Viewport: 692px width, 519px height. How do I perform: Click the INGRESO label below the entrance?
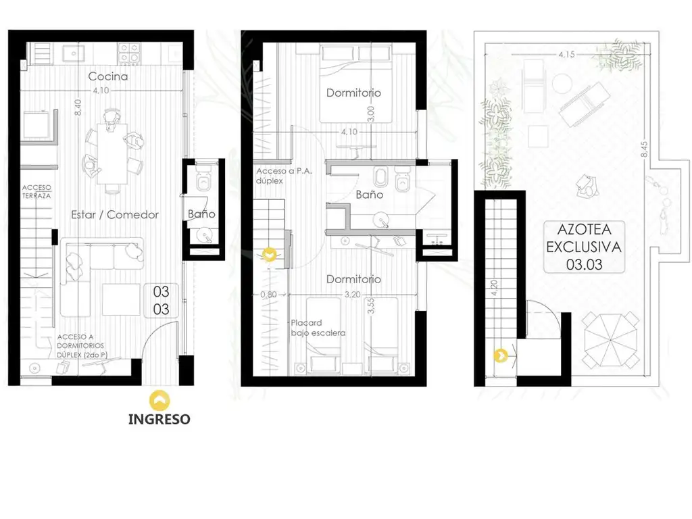tap(159, 419)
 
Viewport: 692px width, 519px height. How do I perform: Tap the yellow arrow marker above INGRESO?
tap(159, 400)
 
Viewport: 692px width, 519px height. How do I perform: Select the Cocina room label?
tap(108, 76)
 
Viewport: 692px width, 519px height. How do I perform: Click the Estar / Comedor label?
tap(115, 214)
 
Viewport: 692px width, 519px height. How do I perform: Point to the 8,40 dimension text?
tap(78, 107)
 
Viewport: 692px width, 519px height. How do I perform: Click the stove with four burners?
tap(129, 53)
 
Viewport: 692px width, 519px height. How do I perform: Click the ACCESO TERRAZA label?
tap(36, 191)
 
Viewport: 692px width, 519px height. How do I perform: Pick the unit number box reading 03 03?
tap(161, 300)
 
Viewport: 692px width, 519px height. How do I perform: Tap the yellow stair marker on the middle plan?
tap(269, 255)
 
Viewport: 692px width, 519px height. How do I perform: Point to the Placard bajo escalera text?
tap(318, 328)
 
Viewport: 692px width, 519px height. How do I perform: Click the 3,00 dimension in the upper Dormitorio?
tap(371, 114)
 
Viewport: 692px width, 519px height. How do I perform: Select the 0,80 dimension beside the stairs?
tap(268, 295)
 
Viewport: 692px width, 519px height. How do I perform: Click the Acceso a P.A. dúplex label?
tap(284, 176)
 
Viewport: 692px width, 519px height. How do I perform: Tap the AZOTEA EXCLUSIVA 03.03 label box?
tap(584, 247)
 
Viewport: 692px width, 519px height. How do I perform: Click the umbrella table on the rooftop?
tap(611, 341)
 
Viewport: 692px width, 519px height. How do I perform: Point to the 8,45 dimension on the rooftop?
tap(644, 149)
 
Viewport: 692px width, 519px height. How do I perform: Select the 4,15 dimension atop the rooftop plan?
tap(567, 55)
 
